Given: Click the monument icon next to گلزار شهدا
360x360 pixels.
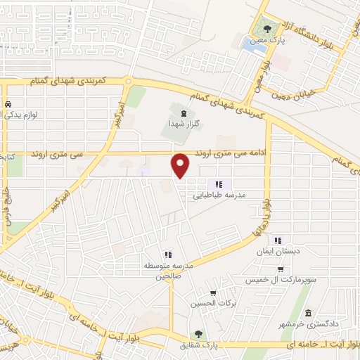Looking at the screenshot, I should (x=183, y=112).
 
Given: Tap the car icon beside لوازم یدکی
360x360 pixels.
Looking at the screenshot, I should (x=8, y=105).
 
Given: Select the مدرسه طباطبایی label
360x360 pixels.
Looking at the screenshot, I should (x=217, y=197).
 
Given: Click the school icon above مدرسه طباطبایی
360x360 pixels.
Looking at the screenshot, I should (x=209, y=184).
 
